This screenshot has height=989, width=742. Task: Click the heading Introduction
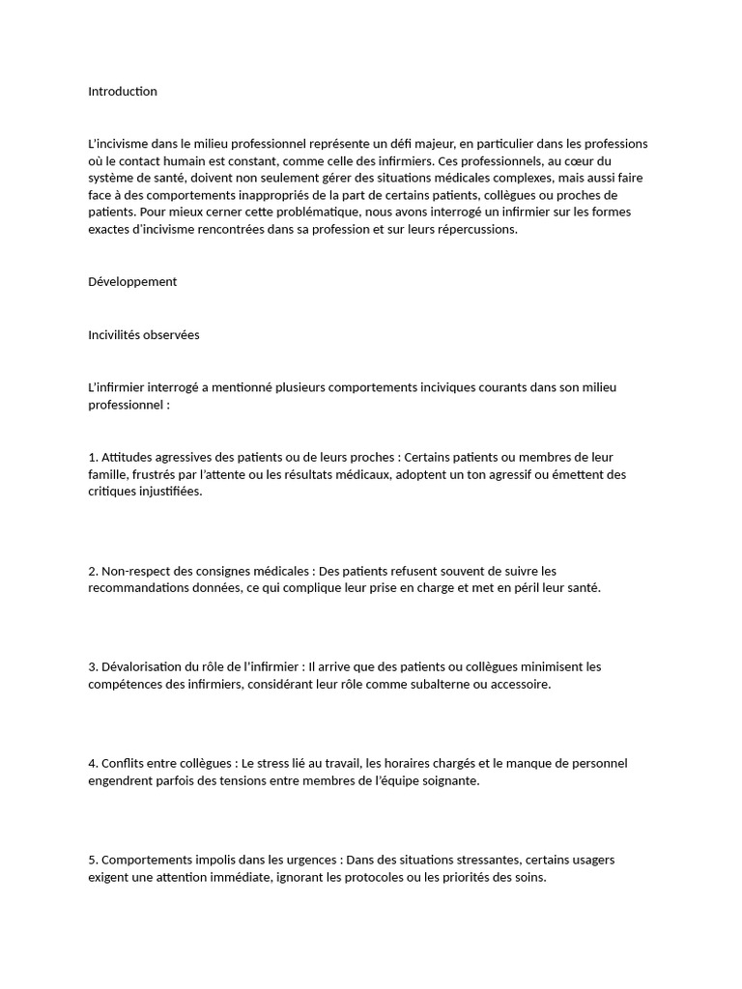[x=122, y=92]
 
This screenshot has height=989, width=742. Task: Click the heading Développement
[x=132, y=282]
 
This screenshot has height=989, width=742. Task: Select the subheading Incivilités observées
[x=143, y=335]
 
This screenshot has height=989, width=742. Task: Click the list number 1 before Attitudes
[x=92, y=457]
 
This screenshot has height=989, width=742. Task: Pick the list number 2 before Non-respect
[x=92, y=571]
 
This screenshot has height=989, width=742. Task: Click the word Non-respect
[x=137, y=571]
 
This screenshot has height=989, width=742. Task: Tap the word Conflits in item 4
[x=124, y=763]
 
